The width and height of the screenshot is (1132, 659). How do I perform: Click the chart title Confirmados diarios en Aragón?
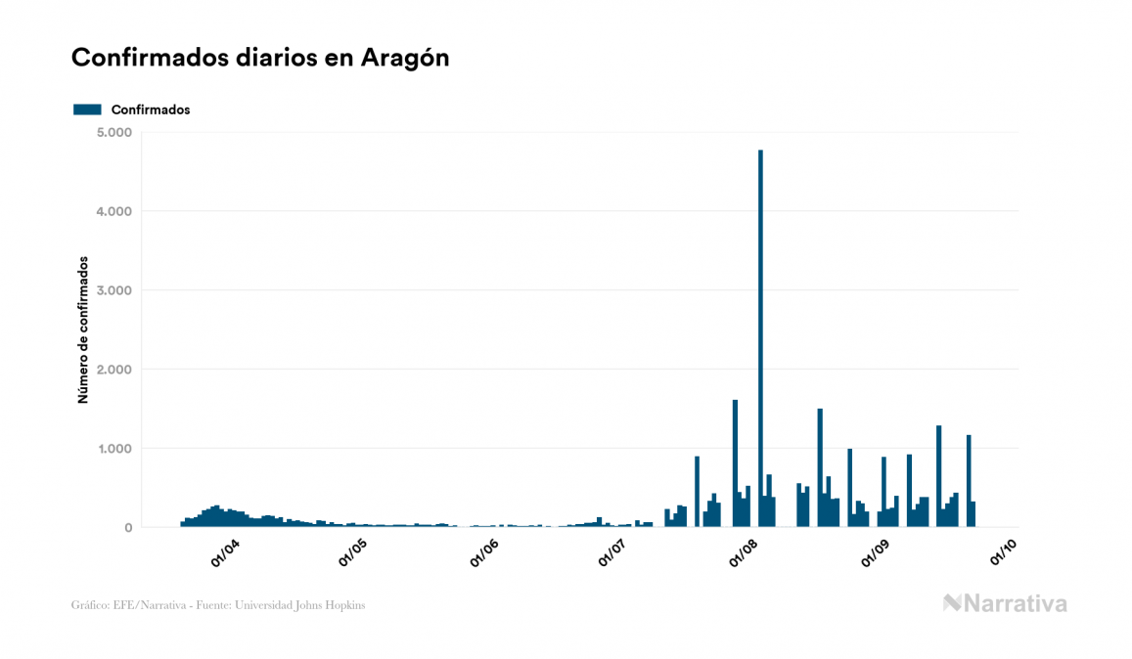click(x=260, y=58)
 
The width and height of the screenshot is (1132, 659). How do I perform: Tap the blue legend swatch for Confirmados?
click(x=87, y=110)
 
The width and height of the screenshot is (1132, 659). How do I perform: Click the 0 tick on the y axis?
click(x=128, y=528)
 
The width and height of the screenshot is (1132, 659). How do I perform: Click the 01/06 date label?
click(x=485, y=553)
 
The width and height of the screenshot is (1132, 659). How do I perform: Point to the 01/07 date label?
click(x=612, y=553)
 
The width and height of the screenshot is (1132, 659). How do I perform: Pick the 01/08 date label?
click(x=745, y=553)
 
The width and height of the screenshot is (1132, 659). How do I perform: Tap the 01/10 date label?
click(x=1004, y=553)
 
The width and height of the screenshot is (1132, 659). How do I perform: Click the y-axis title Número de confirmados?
click(x=83, y=330)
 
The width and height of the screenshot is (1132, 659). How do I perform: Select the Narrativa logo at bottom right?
click(x=1005, y=603)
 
